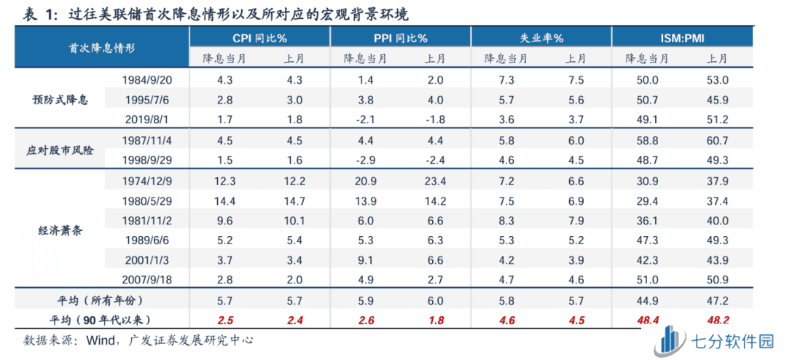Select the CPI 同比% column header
click(x=259, y=38)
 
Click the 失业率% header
click(x=541, y=38)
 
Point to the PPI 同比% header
click(x=400, y=38)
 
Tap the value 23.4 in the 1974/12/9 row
click(x=437, y=179)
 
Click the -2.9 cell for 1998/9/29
click(x=366, y=159)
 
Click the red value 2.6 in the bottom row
click(x=366, y=320)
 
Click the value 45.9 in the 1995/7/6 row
click(x=719, y=99)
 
